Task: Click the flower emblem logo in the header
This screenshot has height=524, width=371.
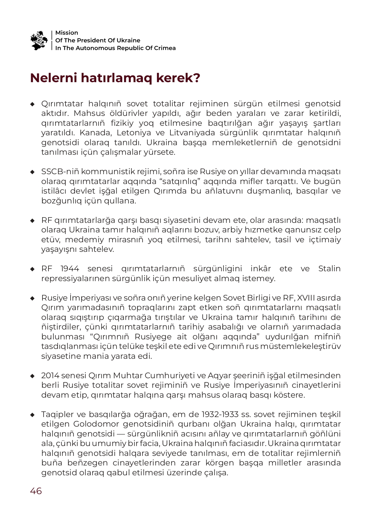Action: (39, 40)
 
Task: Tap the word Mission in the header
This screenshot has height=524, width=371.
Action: (67, 33)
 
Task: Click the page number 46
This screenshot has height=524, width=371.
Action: (36, 491)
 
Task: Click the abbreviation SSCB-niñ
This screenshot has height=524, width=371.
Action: (60, 172)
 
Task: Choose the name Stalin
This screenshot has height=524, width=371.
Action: (329, 269)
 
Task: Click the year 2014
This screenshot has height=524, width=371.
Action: (50, 376)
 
